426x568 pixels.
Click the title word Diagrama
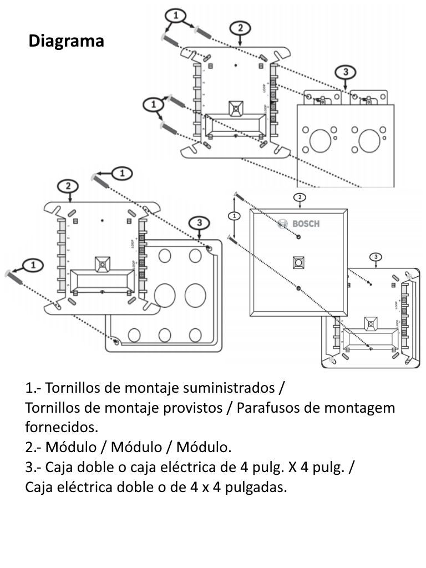[66, 41]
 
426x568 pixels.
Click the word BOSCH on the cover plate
[306, 224]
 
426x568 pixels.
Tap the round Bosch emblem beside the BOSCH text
[282, 224]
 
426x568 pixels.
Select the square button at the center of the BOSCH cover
[298, 262]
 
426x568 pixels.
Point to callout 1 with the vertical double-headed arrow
[235, 215]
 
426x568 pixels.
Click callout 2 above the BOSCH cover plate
[299, 197]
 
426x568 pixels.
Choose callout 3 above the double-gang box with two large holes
[346, 72]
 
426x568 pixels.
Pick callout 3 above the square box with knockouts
[200, 223]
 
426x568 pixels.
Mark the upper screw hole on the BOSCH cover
[298, 237]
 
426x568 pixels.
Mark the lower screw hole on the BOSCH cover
[298, 287]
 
